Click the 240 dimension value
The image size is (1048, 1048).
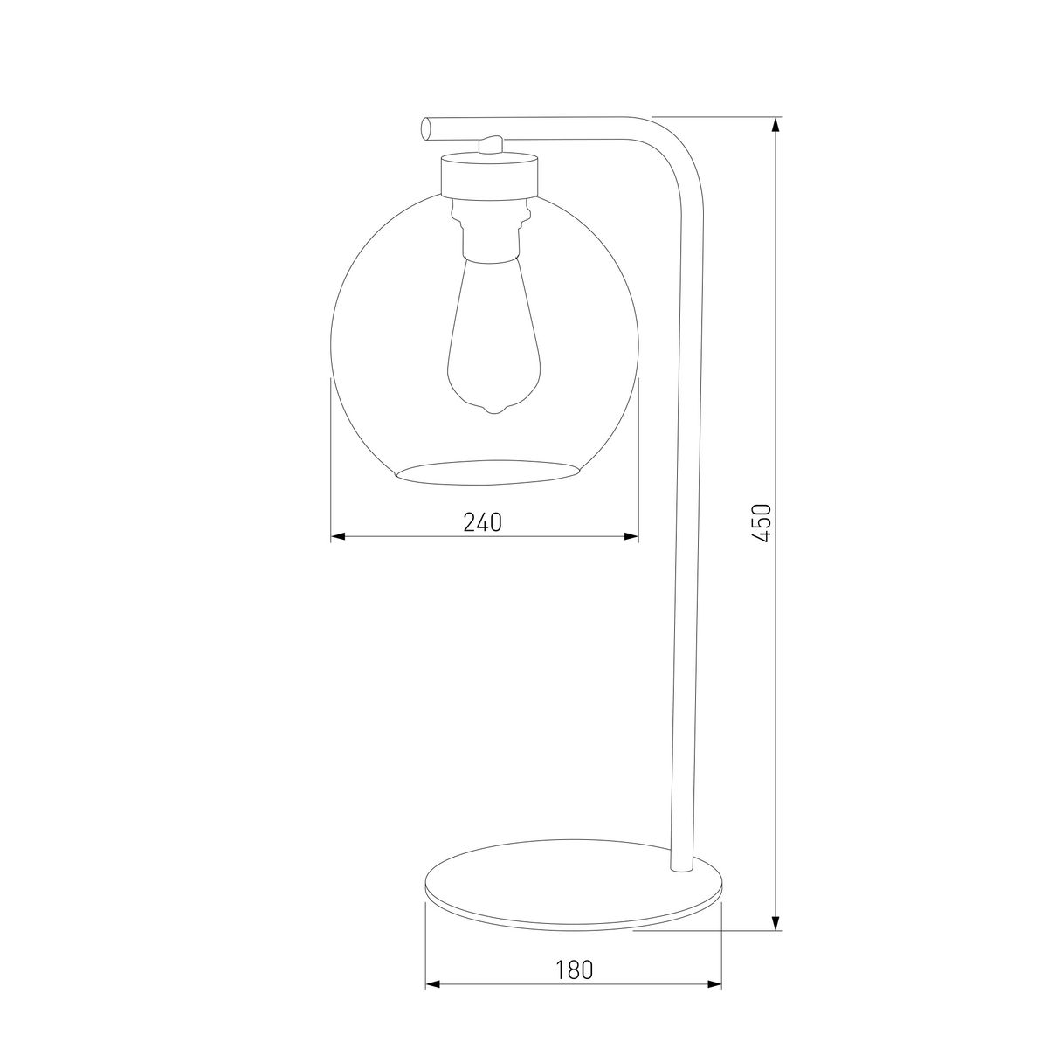pos(482,522)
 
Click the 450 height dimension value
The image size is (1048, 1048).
pos(762,523)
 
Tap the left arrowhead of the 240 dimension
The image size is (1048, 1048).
pos(338,537)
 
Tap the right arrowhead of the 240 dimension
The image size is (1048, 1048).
pos(631,537)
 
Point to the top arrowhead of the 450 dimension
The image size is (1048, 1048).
pos(776,125)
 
